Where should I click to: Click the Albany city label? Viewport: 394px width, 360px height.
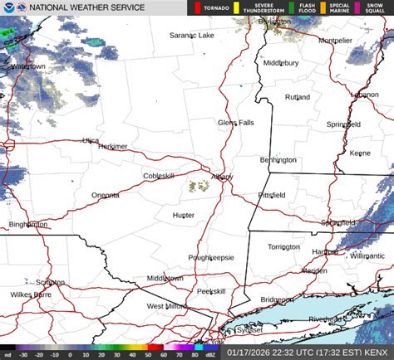(221, 177)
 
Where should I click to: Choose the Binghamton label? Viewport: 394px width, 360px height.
(28, 225)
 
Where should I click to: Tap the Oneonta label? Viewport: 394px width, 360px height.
(105, 196)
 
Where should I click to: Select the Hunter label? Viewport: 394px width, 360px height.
(183, 215)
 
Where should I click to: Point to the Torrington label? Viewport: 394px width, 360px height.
(283, 247)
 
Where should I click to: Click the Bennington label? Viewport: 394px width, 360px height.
(278, 159)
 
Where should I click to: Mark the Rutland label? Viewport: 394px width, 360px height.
(297, 97)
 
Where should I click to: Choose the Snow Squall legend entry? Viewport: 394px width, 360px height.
(377, 9)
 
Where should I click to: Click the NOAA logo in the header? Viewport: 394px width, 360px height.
(7, 9)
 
